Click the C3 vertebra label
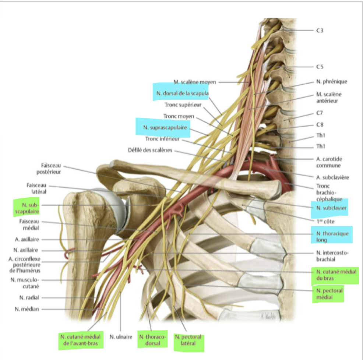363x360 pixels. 320,31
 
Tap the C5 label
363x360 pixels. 320,67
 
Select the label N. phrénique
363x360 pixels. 331,81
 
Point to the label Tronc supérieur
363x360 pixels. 183,105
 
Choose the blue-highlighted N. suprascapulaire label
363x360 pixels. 165,128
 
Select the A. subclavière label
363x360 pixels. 332,177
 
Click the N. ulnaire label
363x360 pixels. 121,336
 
